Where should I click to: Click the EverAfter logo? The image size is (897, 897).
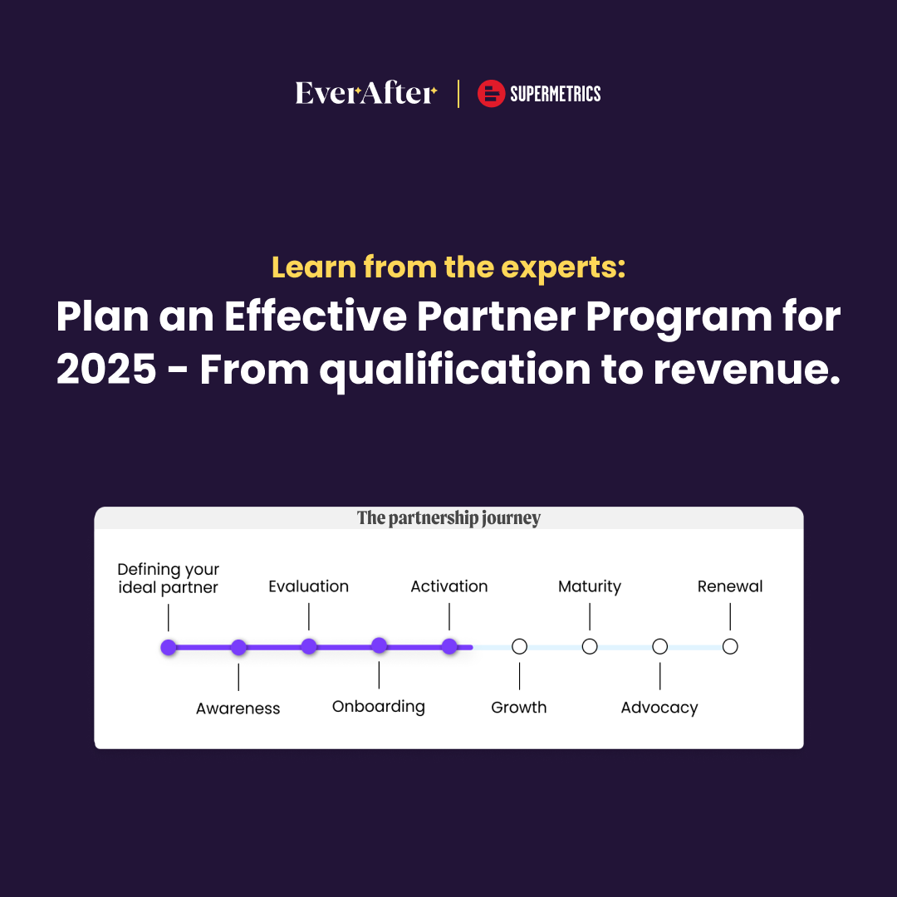click(365, 93)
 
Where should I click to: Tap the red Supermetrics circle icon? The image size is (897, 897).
click(492, 94)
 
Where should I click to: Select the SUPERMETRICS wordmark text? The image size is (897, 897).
click(555, 94)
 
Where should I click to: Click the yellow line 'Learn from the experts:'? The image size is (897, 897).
click(448, 267)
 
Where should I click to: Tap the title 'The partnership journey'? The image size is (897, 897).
click(448, 518)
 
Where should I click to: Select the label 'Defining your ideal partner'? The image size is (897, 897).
click(168, 578)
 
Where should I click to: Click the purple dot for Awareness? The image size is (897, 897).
click(238, 647)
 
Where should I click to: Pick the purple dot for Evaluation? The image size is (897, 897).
click(309, 646)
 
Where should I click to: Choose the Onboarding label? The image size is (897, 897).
click(379, 707)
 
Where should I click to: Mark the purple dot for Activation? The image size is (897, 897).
click(449, 646)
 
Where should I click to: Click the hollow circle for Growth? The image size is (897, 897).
click(519, 646)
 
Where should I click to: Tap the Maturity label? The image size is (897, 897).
click(590, 586)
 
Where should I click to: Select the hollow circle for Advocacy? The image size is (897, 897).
click(659, 646)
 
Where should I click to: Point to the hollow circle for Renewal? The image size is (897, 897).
click(730, 646)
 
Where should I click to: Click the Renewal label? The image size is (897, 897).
click(730, 586)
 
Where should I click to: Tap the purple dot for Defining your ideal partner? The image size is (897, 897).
click(169, 647)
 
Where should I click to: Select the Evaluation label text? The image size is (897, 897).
click(309, 586)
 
